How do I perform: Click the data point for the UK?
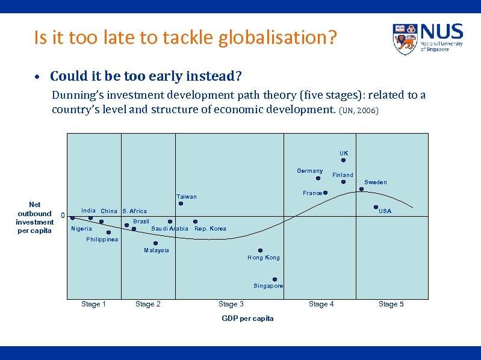tap(343, 161)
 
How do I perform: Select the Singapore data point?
tap(275, 279)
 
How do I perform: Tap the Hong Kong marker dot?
tap(261, 250)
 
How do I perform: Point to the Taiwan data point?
tap(181, 203)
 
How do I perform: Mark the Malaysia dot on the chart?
tap(155, 243)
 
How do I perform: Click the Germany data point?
tap(318, 178)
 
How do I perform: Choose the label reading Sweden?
tap(376, 182)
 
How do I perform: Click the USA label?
tap(385, 211)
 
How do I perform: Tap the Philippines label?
tap(102, 240)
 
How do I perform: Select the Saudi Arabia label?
tap(170, 229)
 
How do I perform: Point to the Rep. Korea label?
tap(211, 229)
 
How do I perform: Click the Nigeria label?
tap(82, 229)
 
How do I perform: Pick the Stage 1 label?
tap(94, 304)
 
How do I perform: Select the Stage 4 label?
tap(321, 304)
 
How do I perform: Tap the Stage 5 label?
tap(391, 304)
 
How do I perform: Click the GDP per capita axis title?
tap(247, 318)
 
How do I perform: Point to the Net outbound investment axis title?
tap(35, 217)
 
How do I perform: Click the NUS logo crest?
tap(405, 39)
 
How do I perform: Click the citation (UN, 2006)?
tap(359, 111)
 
